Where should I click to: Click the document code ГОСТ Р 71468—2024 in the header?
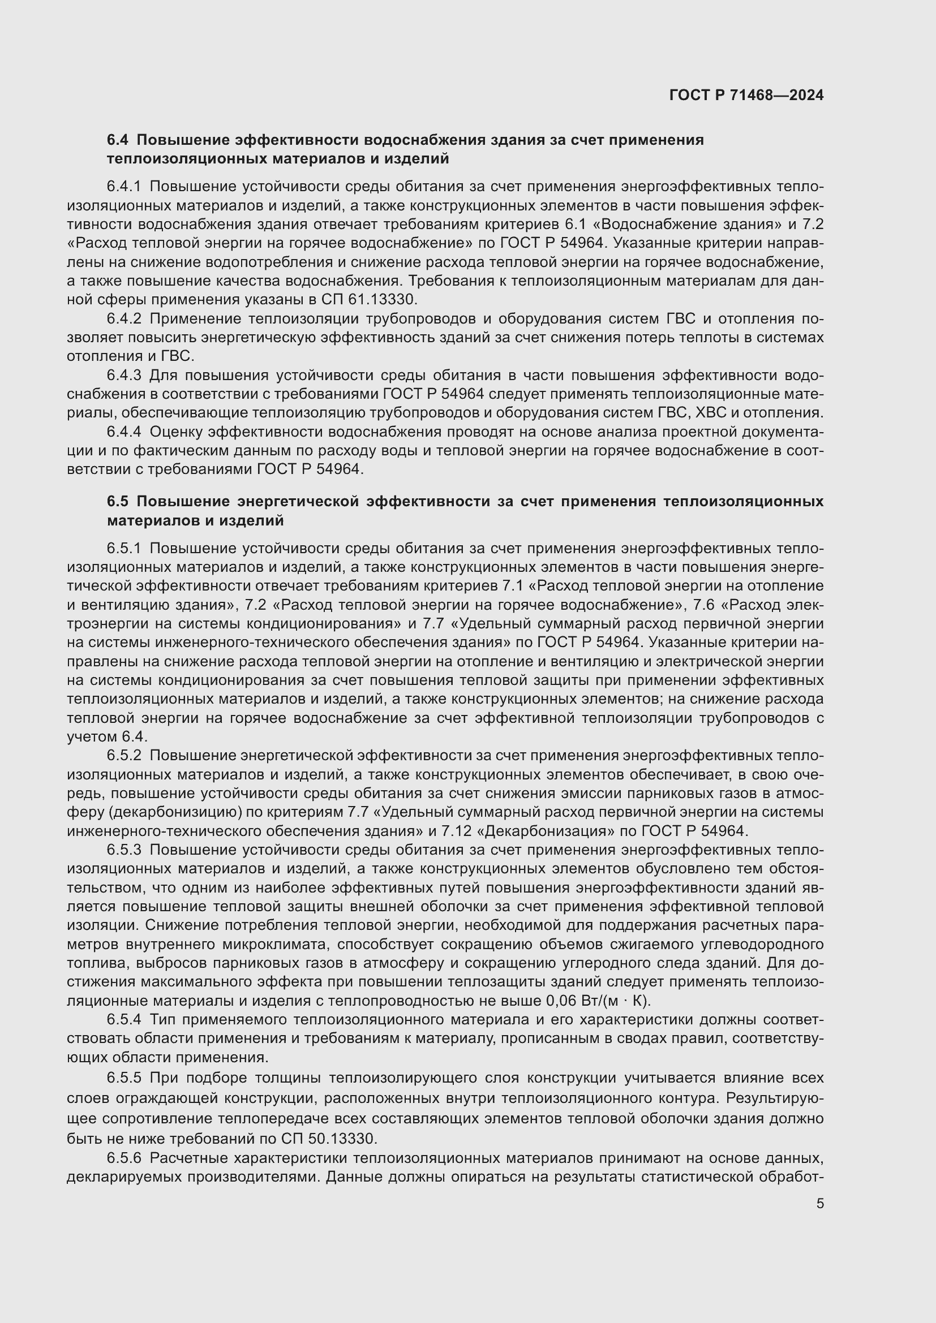pos(746,96)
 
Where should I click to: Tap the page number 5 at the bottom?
pos(819,1204)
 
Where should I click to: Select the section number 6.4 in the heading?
pos(118,140)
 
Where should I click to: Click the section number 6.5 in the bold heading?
pos(118,501)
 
